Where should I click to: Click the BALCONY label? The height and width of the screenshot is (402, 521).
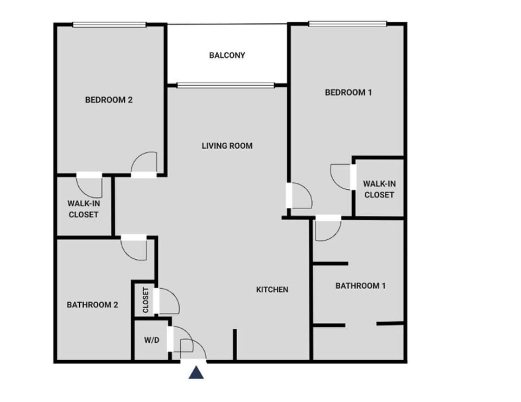coord(227,55)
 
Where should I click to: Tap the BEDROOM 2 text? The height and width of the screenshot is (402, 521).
coord(109,100)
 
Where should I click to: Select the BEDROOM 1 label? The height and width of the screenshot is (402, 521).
coord(348,92)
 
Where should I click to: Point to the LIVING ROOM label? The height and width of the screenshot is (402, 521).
coord(227,146)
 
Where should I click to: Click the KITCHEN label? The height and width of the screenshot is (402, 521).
coord(272,290)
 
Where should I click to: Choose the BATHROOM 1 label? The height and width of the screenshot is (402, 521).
coord(360,286)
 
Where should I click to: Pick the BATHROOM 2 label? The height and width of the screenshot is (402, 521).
coord(92,305)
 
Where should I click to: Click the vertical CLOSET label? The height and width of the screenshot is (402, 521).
coord(145,299)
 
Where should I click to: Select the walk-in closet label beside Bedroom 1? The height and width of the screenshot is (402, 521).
coord(379,189)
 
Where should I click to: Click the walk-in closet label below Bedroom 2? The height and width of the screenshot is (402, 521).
coord(83,209)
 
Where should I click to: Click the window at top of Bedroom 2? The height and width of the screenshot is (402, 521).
coord(110,24)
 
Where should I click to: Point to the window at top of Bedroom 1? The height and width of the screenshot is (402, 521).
coord(347,24)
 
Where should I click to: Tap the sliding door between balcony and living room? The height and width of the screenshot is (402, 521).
coord(226,85)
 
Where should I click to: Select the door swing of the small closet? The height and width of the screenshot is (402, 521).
coord(168,301)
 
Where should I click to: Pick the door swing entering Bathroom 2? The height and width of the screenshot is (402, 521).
coord(134,248)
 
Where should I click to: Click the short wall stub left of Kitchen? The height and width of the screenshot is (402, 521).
coord(235,344)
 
